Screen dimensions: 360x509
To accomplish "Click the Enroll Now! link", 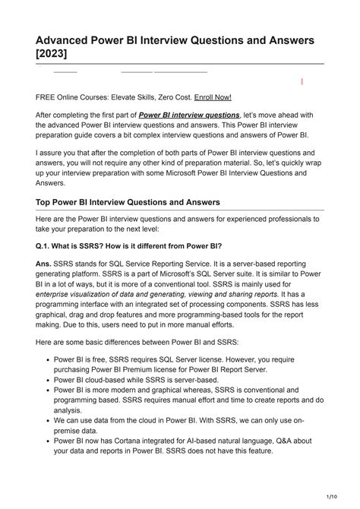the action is click(213, 97).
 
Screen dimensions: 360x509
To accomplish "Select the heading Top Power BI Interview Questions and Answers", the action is click(128, 202).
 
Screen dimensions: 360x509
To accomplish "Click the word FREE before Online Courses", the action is click(46, 97).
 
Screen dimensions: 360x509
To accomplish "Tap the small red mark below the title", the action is click(302, 81).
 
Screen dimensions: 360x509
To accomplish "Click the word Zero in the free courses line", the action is click(165, 97).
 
